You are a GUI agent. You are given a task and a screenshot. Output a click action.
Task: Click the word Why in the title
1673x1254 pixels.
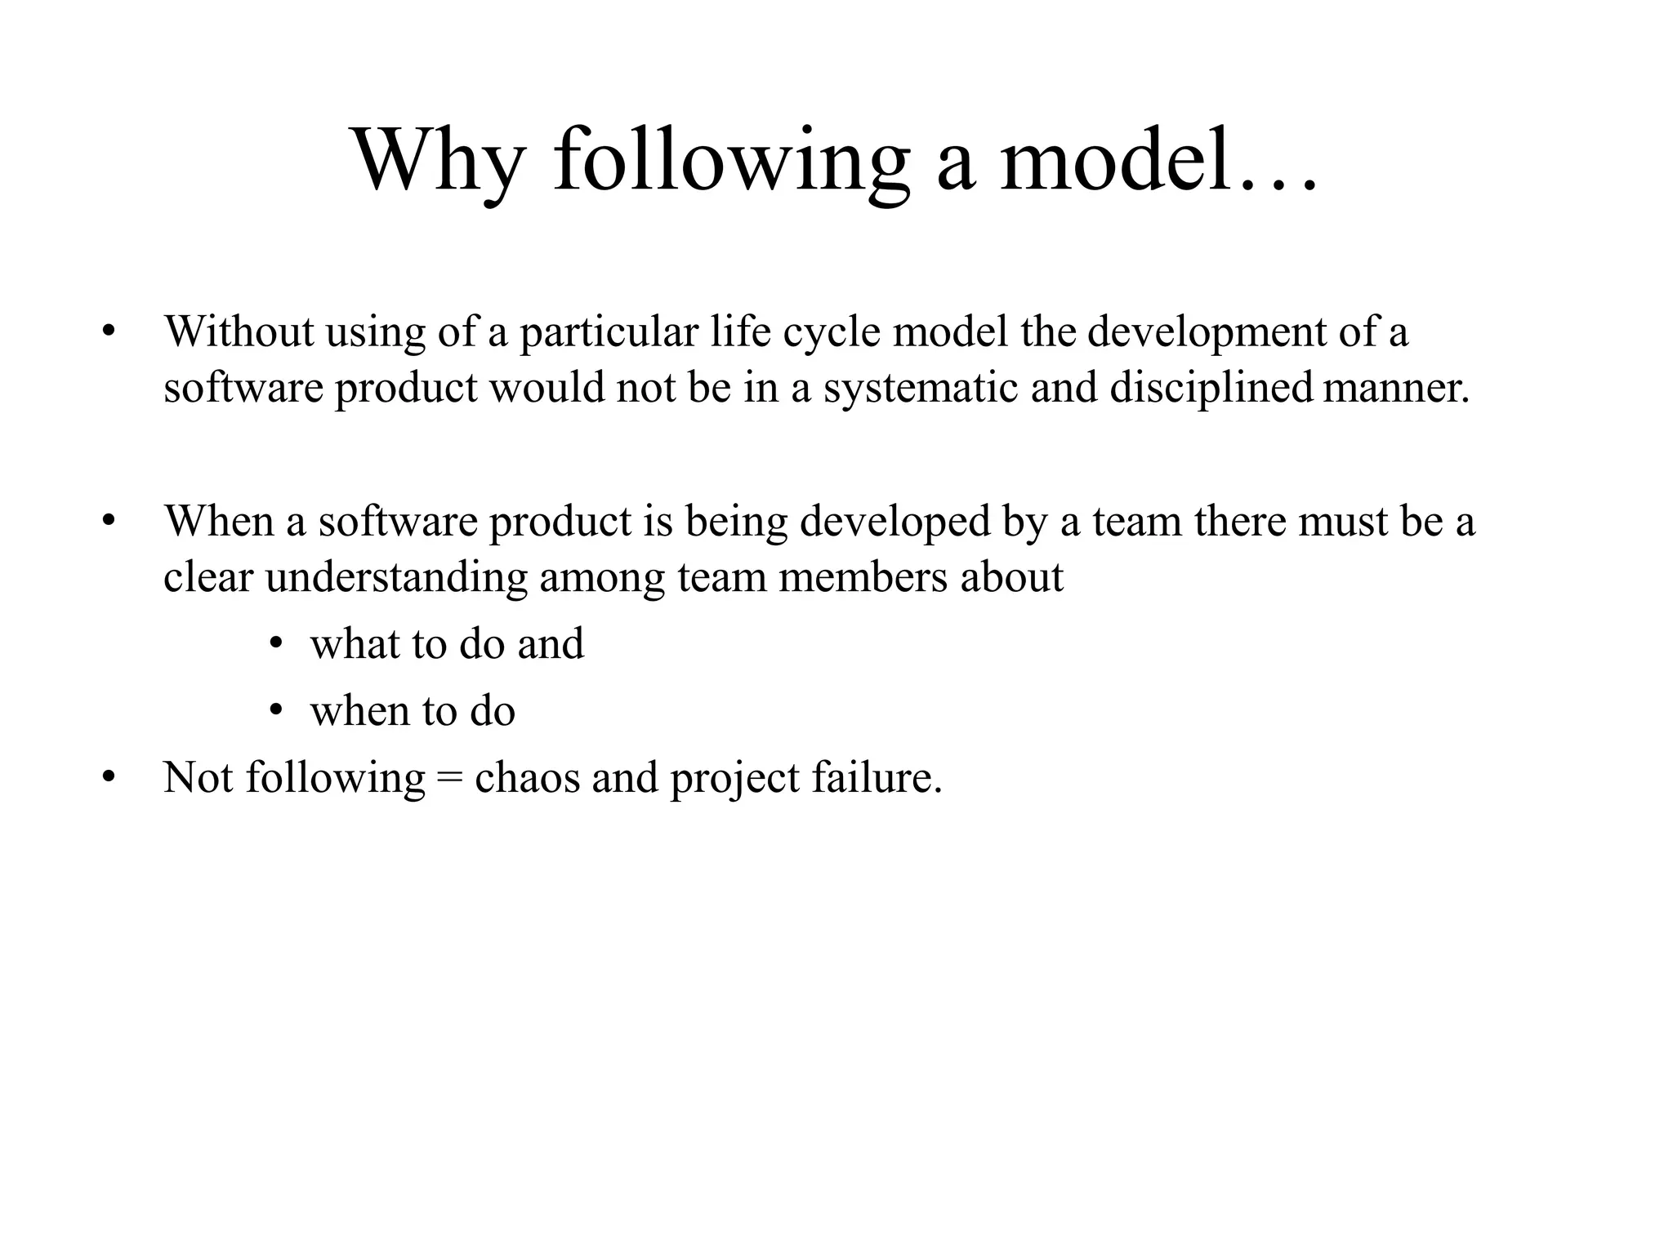[x=437, y=161]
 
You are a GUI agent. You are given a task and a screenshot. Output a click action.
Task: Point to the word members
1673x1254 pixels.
[x=863, y=577]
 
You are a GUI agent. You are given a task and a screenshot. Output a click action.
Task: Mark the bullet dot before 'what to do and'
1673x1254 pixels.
[x=277, y=644]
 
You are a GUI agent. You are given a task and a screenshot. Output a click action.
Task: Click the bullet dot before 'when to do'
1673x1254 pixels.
[x=277, y=711]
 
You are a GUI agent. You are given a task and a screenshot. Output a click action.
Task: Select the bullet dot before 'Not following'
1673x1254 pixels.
[x=108, y=778]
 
